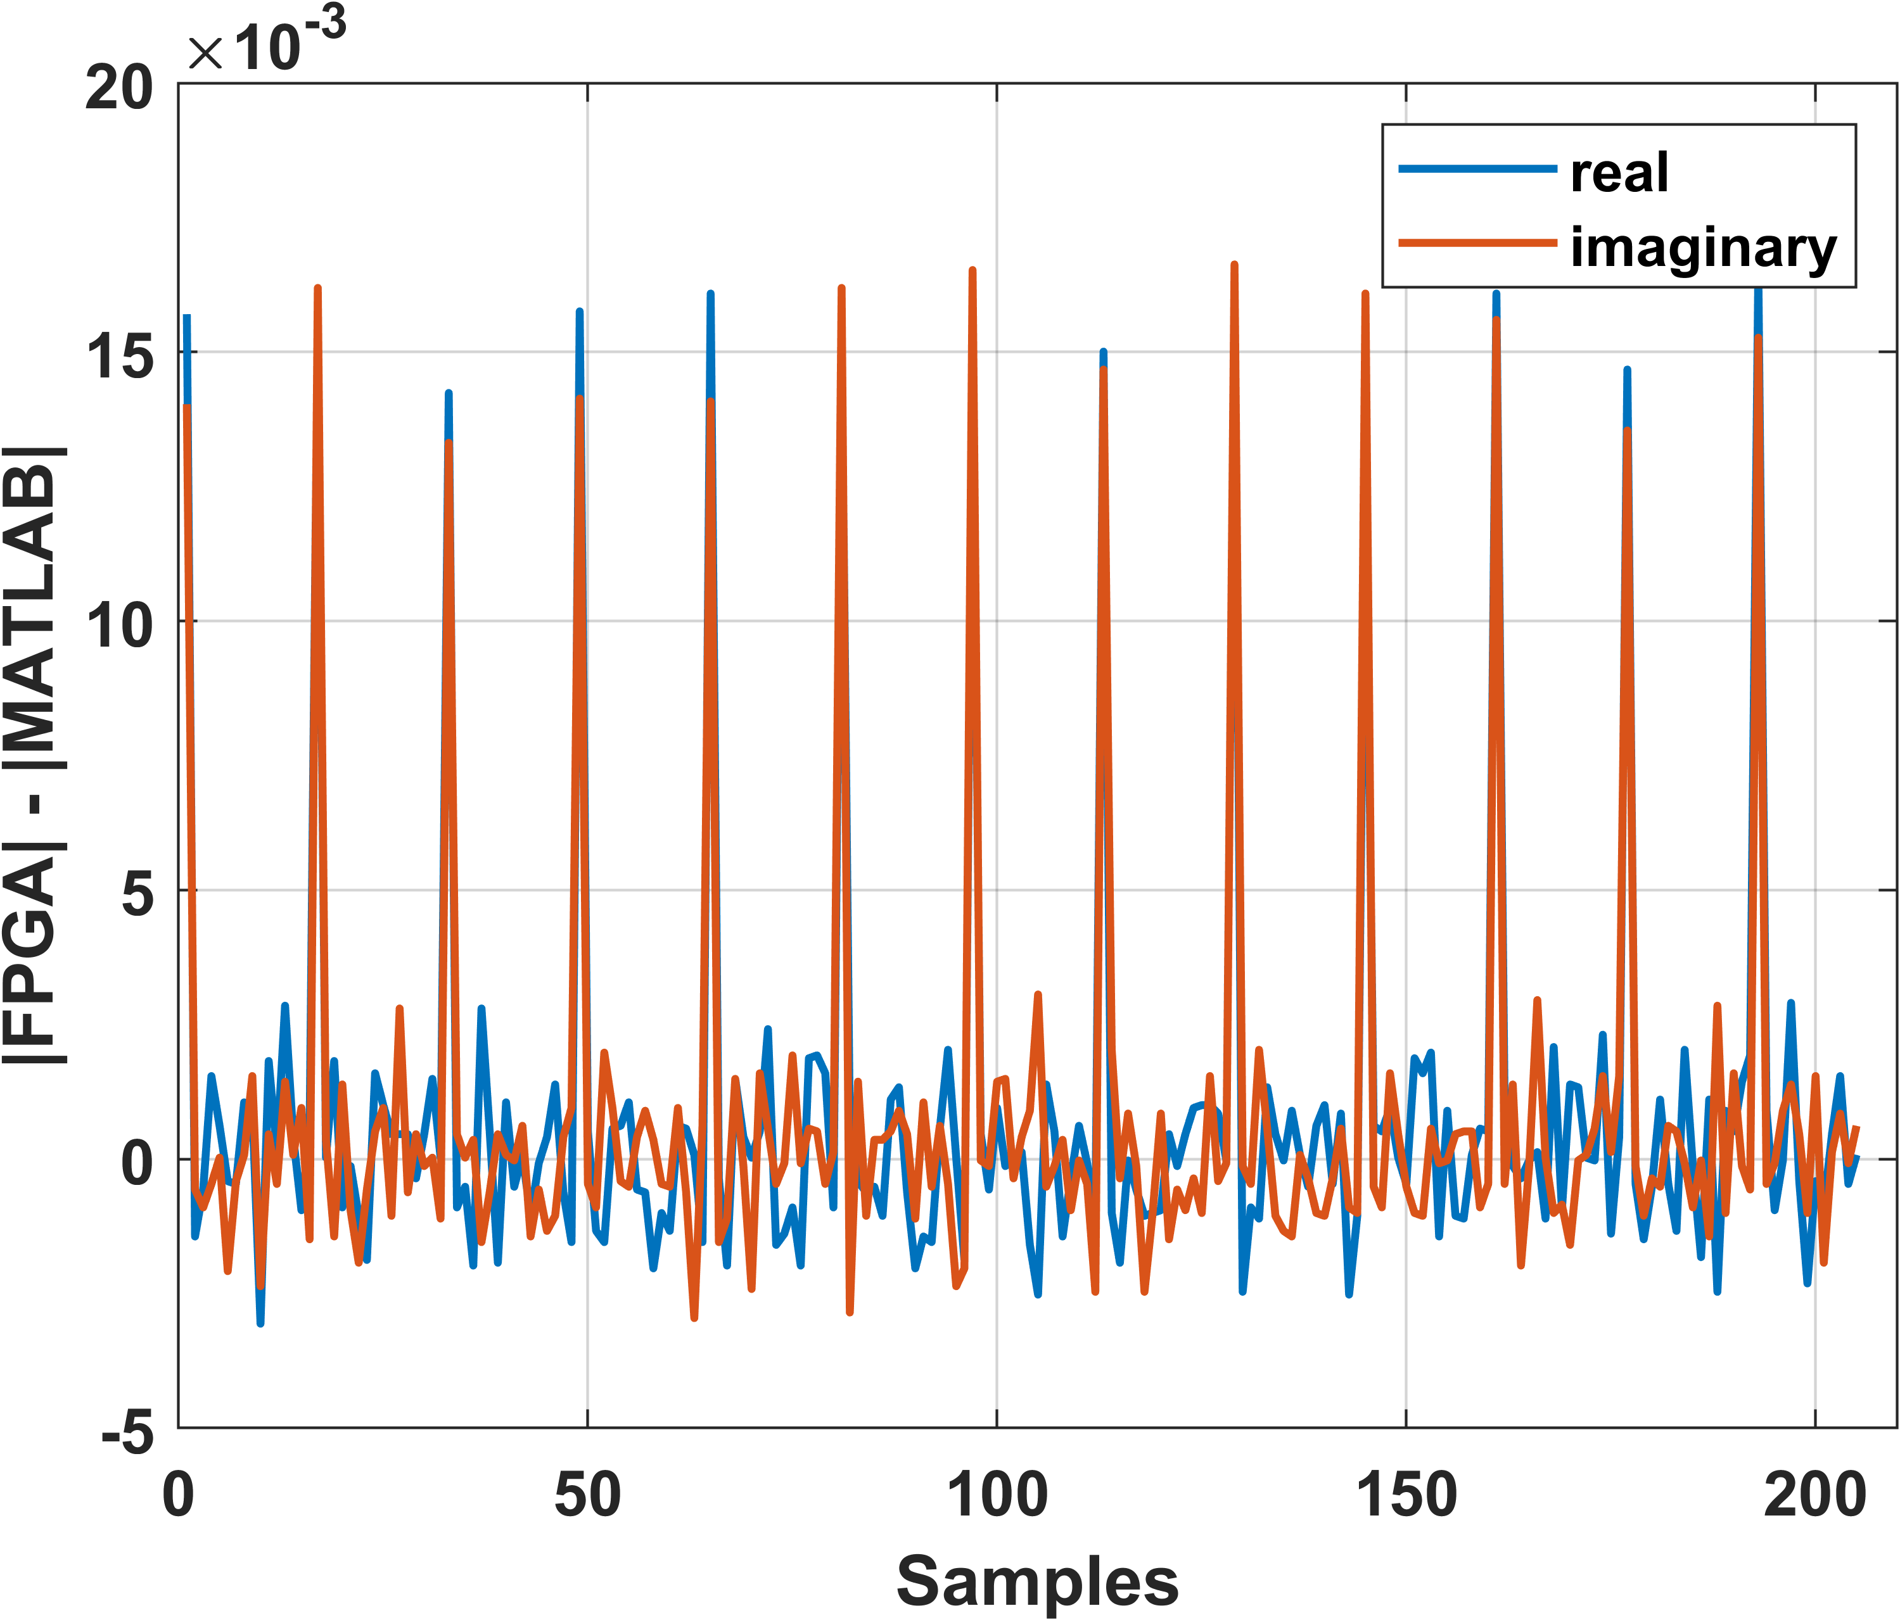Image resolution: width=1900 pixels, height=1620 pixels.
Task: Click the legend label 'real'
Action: [1619, 174]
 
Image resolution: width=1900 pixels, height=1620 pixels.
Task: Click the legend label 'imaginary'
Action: [1704, 248]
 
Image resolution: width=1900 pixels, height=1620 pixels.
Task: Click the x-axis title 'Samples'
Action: [1037, 1581]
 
